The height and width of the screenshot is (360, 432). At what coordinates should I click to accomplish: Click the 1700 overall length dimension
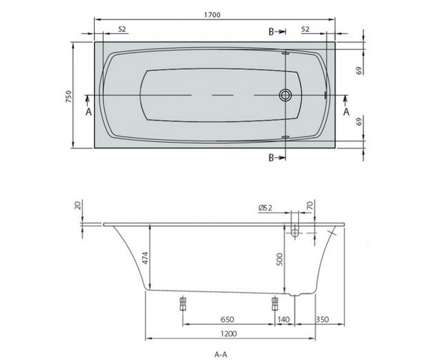tap(212, 15)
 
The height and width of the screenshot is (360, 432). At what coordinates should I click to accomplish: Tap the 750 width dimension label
tap(68, 96)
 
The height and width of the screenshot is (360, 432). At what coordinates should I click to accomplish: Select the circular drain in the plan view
tap(285, 95)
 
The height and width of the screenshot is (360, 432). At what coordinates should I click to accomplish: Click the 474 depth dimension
tap(145, 258)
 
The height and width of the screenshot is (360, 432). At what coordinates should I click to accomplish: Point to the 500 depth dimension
tap(279, 259)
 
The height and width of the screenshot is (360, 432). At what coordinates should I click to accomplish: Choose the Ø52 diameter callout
tap(265, 208)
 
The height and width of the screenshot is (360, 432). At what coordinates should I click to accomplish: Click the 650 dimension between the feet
tap(227, 319)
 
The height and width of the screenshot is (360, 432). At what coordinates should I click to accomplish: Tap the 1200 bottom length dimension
tap(229, 334)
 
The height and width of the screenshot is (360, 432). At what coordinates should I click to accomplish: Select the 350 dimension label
tap(322, 319)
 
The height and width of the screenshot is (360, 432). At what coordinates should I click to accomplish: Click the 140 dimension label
tap(283, 319)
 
